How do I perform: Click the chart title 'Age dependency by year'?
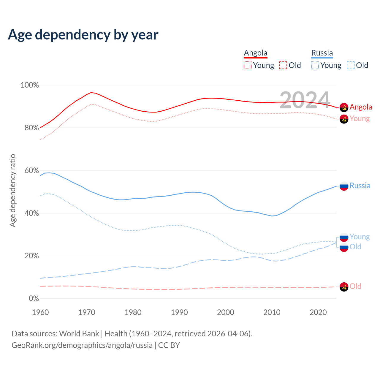click(83, 34)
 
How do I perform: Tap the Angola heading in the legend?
click(256, 53)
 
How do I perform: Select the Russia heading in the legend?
click(322, 53)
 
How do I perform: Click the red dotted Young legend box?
click(247, 65)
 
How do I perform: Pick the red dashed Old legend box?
click(283, 65)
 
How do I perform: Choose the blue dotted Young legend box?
click(315, 65)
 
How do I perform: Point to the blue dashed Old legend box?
click(351, 65)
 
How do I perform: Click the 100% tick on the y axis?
click(30, 85)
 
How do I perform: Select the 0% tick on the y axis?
click(34, 299)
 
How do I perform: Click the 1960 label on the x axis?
click(40, 312)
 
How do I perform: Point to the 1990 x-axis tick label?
click(179, 312)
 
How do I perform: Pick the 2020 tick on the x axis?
click(318, 312)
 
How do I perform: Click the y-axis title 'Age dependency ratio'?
click(12, 190)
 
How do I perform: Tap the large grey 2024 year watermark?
click(305, 100)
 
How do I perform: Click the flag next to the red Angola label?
click(344, 107)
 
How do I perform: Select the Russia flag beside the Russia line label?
click(344, 186)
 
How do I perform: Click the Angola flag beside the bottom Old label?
click(344, 287)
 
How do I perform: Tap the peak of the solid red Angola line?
click(91, 92)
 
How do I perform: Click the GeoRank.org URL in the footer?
click(82, 345)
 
